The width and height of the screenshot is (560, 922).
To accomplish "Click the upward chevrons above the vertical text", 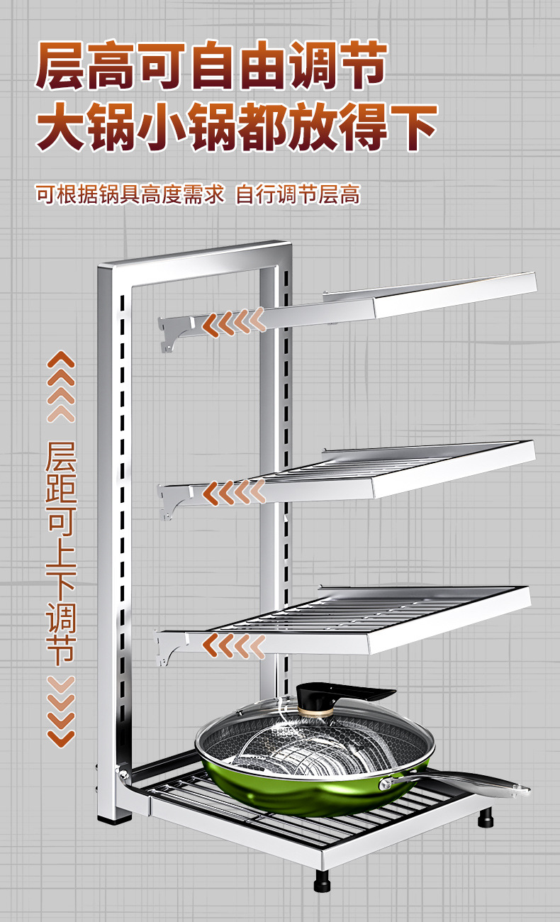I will pyautogui.click(x=61, y=387).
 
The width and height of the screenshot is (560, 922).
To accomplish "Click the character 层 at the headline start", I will pyautogui.click(x=62, y=67).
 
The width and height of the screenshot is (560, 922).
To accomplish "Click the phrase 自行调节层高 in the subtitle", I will pyautogui.click(x=298, y=194).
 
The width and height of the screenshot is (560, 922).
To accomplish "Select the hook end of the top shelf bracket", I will pyautogui.click(x=168, y=340).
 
